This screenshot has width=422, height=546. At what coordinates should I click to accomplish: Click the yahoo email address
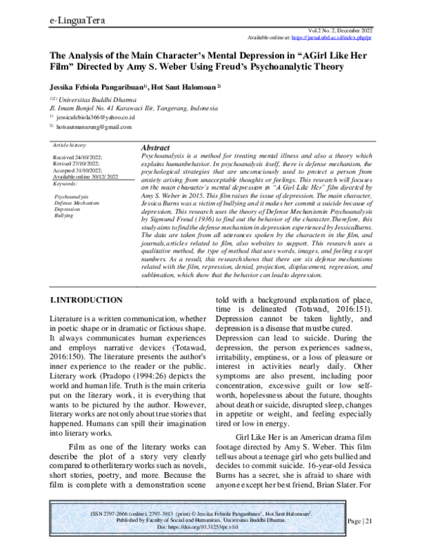tap(79, 118)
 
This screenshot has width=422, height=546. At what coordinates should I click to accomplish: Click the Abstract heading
tap(158, 149)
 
